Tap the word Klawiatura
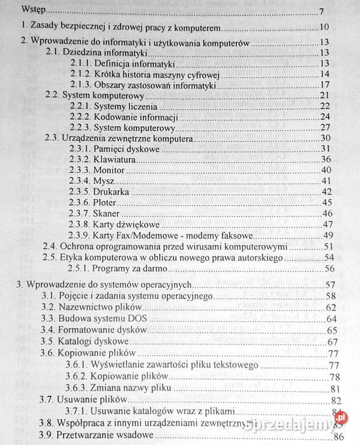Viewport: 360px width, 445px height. pyautogui.click(x=114, y=159)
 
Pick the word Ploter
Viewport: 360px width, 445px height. pyautogui.click(x=106, y=203)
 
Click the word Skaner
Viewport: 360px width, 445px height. pyautogui.click(x=106, y=214)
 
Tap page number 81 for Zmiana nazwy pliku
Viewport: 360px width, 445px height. pyautogui.click(x=337, y=388)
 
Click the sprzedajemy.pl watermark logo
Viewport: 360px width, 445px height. pyautogui.click(x=298, y=423)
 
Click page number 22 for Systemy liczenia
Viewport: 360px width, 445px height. pyautogui.click(x=327, y=106)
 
